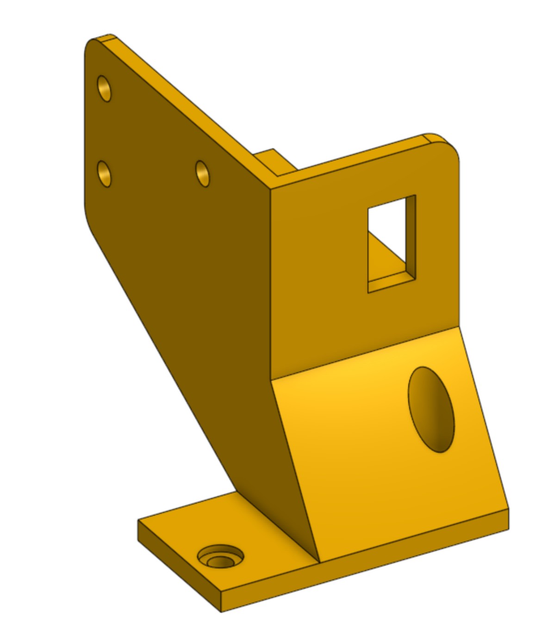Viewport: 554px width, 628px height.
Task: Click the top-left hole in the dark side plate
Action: tap(104, 88)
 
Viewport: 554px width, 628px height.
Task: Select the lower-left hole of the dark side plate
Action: tap(105, 173)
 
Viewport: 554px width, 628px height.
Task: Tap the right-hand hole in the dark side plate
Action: tap(202, 173)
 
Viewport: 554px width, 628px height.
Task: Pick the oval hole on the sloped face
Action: tap(431, 409)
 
